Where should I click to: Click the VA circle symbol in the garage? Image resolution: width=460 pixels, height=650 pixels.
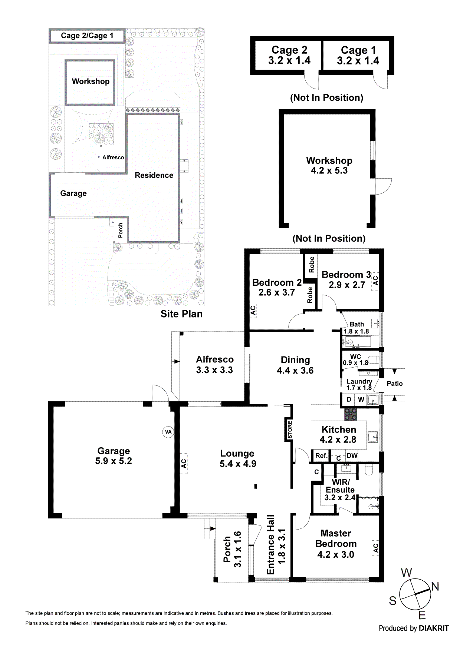(x=168, y=432)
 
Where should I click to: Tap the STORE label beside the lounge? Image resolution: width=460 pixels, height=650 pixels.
(x=290, y=429)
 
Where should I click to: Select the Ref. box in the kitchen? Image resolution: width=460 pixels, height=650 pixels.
(x=321, y=455)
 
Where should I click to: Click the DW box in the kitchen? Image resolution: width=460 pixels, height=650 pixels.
(x=352, y=455)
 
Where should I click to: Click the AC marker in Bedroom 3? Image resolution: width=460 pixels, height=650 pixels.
(x=375, y=281)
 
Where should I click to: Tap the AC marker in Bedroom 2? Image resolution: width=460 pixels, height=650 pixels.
(x=253, y=311)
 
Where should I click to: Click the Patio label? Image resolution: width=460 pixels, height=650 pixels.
(x=394, y=384)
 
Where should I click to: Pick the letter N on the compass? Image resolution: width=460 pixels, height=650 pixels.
(x=435, y=586)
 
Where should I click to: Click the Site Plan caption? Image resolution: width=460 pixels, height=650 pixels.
(x=181, y=314)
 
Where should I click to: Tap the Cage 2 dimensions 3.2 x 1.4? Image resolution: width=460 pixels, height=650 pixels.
(x=289, y=61)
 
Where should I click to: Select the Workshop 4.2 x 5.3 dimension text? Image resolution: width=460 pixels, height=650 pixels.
(x=329, y=170)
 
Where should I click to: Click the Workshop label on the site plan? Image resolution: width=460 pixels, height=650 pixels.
(x=91, y=81)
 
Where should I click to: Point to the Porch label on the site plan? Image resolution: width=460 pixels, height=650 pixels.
(x=120, y=230)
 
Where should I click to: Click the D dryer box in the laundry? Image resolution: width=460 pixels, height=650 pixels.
(x=349, y=399)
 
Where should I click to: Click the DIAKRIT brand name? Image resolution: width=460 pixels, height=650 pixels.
(x=434, y=628)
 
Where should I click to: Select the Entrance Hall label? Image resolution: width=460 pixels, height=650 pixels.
(x=270, y=544)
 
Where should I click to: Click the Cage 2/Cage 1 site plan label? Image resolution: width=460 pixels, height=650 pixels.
(x=87, y=36)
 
